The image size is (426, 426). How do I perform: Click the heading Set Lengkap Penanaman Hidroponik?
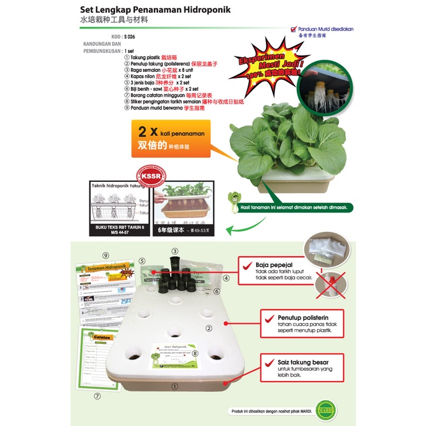click(156, 10)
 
